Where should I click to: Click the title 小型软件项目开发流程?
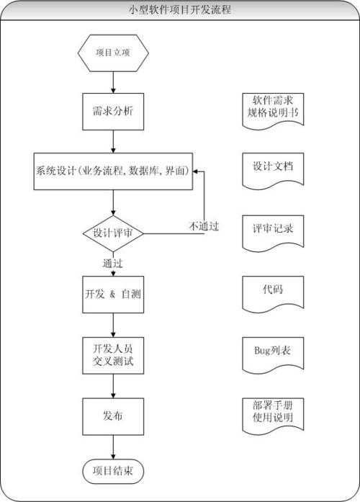[179, 9]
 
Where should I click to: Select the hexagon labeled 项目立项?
[113, 53]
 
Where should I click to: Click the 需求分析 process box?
[113, 111]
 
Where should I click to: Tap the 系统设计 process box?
[113, 171]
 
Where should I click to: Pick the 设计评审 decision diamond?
[113, 233]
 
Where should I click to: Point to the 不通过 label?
[204, 225]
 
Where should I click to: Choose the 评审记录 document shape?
[272, 230]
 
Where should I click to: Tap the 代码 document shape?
[272, 292]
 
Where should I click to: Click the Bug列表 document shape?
[272, 353]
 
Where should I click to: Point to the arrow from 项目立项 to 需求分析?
[113, 83]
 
